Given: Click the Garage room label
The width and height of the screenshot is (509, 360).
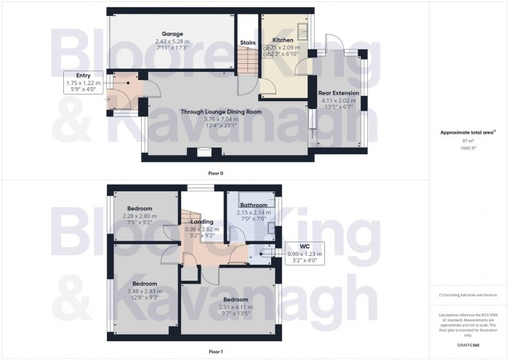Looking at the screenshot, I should point(172,33).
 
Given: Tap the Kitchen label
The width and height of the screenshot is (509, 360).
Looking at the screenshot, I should point(282,40).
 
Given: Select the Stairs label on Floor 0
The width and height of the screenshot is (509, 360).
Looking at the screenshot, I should point(248,43).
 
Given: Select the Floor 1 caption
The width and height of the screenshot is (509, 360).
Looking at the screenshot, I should point(216,351).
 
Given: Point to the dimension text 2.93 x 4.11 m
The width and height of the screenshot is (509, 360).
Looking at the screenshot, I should point(236,308).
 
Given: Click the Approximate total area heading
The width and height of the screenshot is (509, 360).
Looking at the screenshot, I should point(467,132).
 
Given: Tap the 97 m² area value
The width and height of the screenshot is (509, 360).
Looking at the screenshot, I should point(468,141).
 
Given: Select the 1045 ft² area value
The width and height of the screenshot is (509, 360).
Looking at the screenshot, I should point(468,148).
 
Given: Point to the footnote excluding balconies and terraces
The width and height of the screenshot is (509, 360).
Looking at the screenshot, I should point(468,295).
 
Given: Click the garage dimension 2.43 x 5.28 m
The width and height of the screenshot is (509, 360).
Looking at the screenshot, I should point(172,41).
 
